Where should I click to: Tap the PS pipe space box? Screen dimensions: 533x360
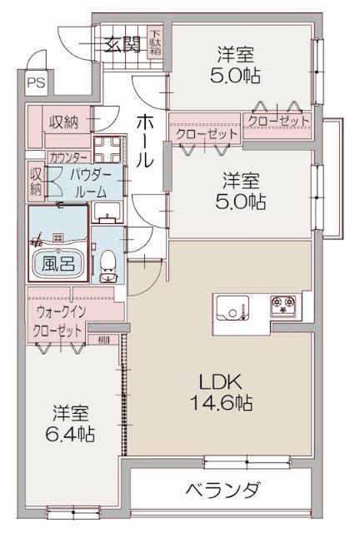coord(34,82)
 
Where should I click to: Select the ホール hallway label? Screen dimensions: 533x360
coord(143,139)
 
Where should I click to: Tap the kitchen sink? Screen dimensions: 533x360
coord(233,310)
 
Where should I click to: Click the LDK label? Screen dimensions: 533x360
coord(220,382)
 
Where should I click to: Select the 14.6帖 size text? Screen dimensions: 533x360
coord(220,403)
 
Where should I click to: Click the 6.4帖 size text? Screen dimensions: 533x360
coord(70,434)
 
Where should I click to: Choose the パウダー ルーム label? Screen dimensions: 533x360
coord(86,182)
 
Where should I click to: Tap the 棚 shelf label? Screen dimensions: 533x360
coord(103,338)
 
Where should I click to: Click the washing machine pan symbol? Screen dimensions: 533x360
coord(106,150)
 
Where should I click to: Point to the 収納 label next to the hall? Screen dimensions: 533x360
coord(63,123)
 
